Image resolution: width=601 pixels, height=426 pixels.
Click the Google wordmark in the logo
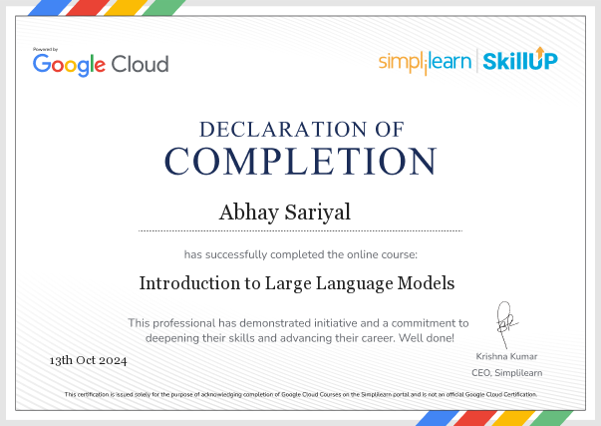click(x=69, y=65)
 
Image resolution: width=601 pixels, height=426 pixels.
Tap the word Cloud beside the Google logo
click(x=140, y=64)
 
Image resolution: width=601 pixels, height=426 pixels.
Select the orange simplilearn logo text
click(x=425, y=62)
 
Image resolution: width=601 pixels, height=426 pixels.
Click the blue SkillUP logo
click(x=520, y=60)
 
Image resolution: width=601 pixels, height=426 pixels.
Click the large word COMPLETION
click(x=301, y=162)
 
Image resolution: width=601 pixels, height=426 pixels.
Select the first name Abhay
click(x=249, y=213)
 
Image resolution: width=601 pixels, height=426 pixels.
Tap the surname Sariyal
click(x=318, y=213)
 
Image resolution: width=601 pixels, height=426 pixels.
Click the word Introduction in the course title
click(x=189, y=283)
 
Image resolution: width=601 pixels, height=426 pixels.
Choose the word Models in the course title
click(x=426, y=283)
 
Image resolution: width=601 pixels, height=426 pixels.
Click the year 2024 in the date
click(x=113, y=360)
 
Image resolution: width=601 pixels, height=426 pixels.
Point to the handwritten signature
click(x=505, y=324)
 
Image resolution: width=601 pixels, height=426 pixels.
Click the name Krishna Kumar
click(x=506, y=356)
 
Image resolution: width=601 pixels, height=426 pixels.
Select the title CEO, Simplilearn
click(x=506, y=373)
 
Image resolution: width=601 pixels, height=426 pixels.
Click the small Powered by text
click(x=45, y=49)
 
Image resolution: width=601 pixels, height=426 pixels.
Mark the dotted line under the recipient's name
click(x=301, y=231)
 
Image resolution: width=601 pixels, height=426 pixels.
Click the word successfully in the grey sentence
click(x=236, y=254)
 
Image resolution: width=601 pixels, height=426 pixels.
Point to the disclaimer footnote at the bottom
click(x=301, y=394)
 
